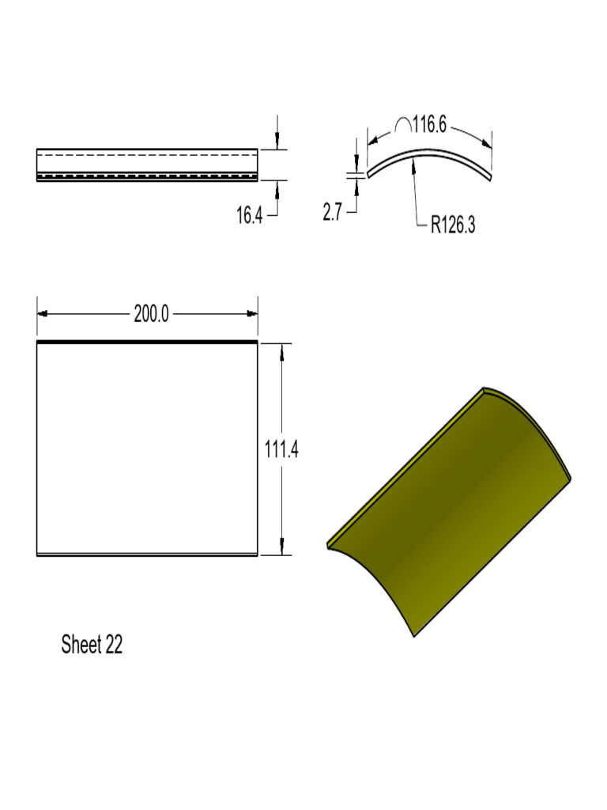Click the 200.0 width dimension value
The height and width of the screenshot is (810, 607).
[151, 314]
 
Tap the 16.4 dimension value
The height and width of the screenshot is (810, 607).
[250, 214]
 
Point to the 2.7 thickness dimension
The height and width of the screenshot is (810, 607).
[332, 213]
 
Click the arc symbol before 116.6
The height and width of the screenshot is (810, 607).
[402, 125]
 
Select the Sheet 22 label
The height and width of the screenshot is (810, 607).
[92, 645]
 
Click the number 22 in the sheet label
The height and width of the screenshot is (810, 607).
[113, 645]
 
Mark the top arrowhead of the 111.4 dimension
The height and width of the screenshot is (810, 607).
[281, 349]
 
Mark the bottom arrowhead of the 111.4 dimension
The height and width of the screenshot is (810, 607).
[281, 550]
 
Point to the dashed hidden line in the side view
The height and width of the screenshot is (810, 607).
[147, 175]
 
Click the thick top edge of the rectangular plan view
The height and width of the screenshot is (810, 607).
[147, 343]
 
